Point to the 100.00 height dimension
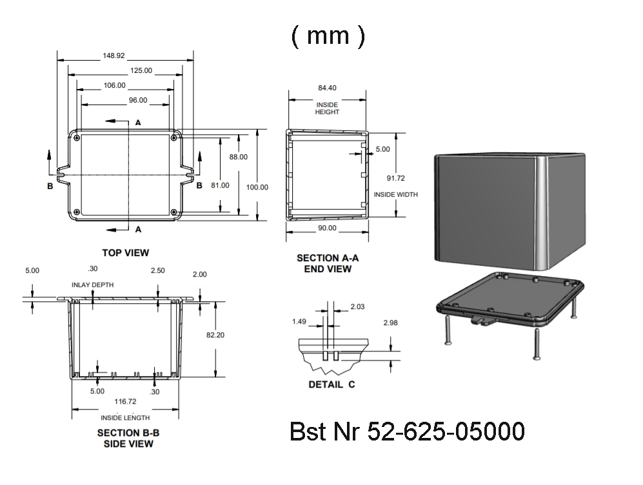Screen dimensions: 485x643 click(x=257, y=187)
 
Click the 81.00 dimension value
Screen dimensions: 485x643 click(x=220, y=185)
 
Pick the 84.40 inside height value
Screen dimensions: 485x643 click(x=327, y=88)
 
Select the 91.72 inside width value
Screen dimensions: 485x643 click(x=396, y=177)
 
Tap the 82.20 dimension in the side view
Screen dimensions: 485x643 click(x=215, y=335)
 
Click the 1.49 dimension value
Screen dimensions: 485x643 click(x=299, y=321)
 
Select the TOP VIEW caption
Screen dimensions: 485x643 click(x=126, y=252)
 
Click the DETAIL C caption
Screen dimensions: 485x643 click(x=331, y=385)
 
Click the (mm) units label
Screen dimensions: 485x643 click(x=328, y=36)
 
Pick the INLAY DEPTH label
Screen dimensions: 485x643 click(x=94, y=284)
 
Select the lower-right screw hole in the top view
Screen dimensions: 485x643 click(x=174, y=212)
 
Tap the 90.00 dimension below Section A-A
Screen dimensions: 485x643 click(x=327, y=228)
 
